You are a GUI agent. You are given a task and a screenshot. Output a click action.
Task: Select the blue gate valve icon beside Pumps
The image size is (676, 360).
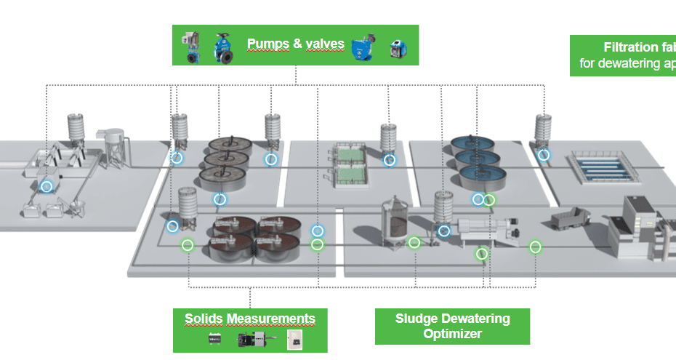tap(222, 45)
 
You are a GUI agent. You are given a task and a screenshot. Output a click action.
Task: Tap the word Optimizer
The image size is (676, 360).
tap(452, 334)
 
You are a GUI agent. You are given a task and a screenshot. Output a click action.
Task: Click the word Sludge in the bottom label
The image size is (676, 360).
tap(414, 319)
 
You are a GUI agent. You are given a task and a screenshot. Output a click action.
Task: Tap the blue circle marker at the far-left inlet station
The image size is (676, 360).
tap(47, 187)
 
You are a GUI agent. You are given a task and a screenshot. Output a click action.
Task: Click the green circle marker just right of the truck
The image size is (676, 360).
tap(535, 247)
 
